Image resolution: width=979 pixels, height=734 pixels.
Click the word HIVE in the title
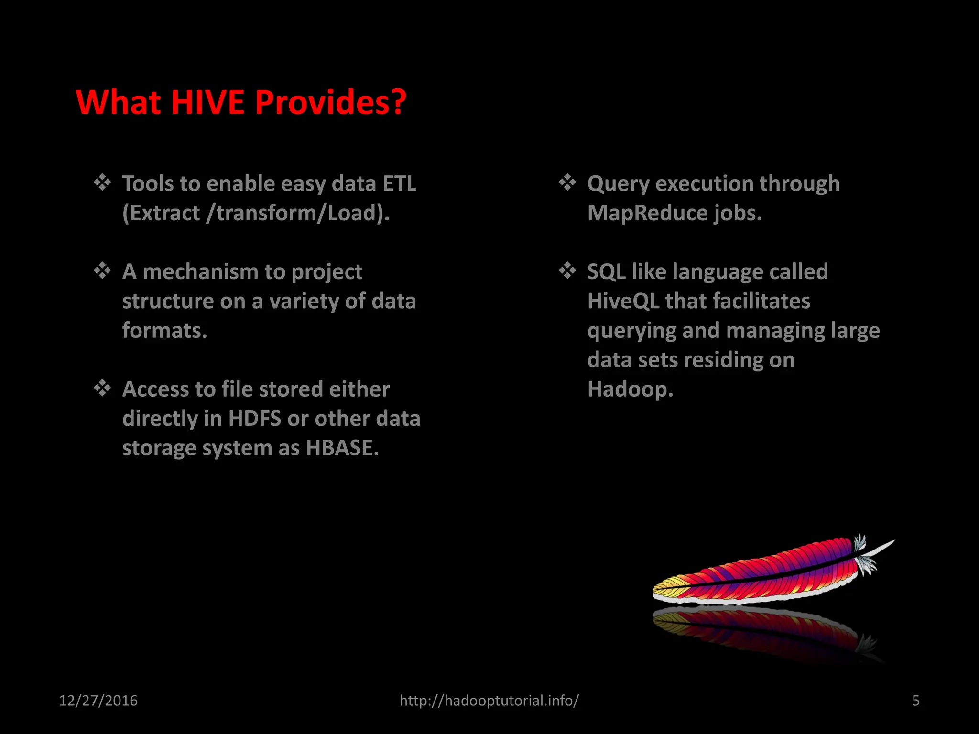coord(208,102)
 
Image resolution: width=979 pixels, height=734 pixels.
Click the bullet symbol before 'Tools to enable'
coord(102,183)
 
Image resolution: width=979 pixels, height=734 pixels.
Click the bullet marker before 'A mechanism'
coord(102,271)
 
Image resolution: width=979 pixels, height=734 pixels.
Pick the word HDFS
coord(254,419)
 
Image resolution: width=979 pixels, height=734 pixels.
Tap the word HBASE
coord(341,448)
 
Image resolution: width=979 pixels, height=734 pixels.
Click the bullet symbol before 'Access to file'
coord(102,389)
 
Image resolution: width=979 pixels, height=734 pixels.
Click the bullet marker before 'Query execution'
coord(567,183)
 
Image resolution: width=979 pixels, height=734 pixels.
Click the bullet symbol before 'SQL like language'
coord(567,271)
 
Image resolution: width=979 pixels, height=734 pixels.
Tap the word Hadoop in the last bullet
coord(630,389)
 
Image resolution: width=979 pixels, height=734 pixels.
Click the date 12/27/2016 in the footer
coord(98,701)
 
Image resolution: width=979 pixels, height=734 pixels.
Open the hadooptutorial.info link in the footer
coord(489,701)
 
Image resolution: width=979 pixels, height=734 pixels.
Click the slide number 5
coord(915,701)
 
